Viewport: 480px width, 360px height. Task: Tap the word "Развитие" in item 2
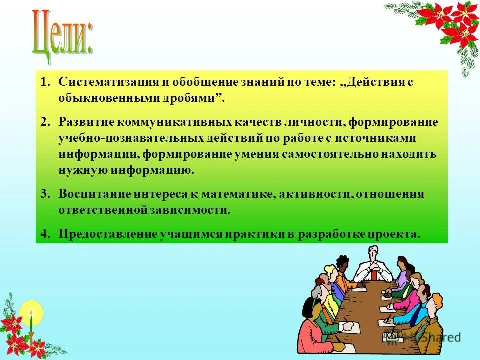(86, 122)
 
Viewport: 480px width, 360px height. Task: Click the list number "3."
(46, 194)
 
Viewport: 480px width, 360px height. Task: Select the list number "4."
(46, 234)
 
